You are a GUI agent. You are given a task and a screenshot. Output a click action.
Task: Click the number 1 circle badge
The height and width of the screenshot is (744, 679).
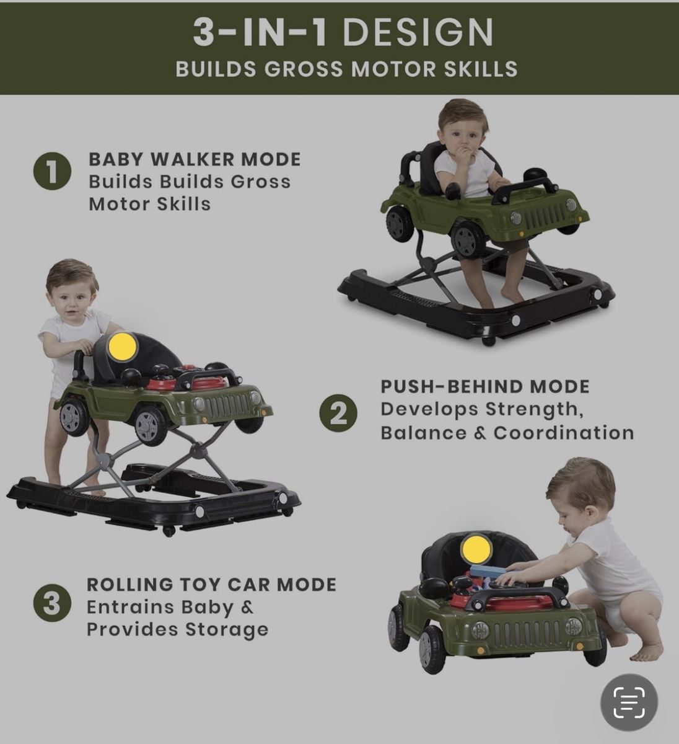52,171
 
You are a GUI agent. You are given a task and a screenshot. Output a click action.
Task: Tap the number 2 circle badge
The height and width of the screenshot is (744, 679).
338,413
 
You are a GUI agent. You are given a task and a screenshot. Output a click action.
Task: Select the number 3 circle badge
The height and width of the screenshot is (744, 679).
52,603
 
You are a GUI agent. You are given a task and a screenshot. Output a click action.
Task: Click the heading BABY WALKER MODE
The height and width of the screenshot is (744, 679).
195,159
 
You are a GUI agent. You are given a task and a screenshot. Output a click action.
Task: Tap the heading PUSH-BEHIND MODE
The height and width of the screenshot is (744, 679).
485,386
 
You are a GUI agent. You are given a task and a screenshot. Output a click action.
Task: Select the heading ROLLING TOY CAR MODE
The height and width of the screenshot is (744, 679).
211,585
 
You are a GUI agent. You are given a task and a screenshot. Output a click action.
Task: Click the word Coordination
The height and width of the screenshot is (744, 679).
564,433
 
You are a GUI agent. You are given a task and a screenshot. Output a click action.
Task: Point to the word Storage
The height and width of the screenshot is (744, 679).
227,630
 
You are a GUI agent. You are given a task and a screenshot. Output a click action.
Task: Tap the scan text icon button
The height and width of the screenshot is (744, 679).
629,703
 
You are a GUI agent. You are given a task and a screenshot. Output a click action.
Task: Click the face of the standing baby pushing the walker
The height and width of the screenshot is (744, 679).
75,297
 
